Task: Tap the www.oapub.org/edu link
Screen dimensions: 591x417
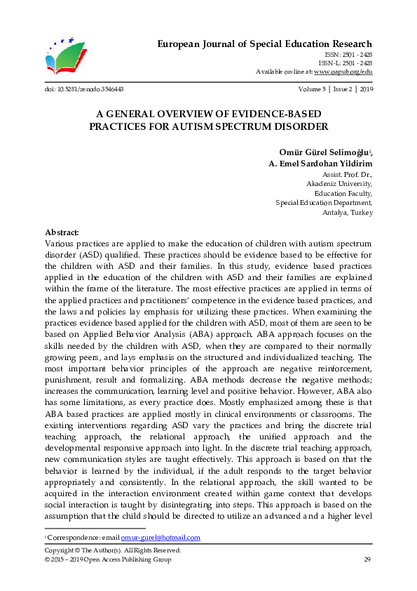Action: coord(343,72)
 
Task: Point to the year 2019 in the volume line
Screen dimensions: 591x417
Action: coord(365,90)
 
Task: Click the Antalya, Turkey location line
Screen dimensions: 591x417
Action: coord(348,213)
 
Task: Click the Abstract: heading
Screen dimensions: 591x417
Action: coord(62,232)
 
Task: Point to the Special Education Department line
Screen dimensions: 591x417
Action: coord(324,203)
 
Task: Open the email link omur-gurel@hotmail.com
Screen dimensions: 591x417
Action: coord(170,538)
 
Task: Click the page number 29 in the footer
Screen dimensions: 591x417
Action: coord(367,559)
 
